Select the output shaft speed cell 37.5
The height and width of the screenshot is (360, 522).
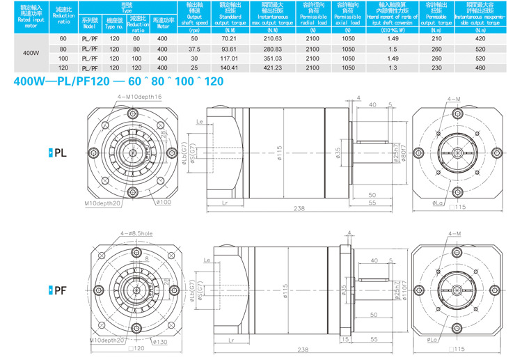coord(194,49)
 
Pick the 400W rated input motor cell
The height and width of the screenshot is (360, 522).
coord(31,53)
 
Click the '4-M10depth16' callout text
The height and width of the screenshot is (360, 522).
coord(139,96)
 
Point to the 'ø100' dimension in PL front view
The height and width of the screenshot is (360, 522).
coord(164,202)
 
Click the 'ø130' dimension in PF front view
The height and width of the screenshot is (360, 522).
coord(161,341)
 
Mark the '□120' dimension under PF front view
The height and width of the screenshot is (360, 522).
coord(136,347)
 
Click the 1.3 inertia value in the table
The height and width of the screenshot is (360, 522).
coord(393,68)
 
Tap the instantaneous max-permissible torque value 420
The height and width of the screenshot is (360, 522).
coord(480,38)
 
